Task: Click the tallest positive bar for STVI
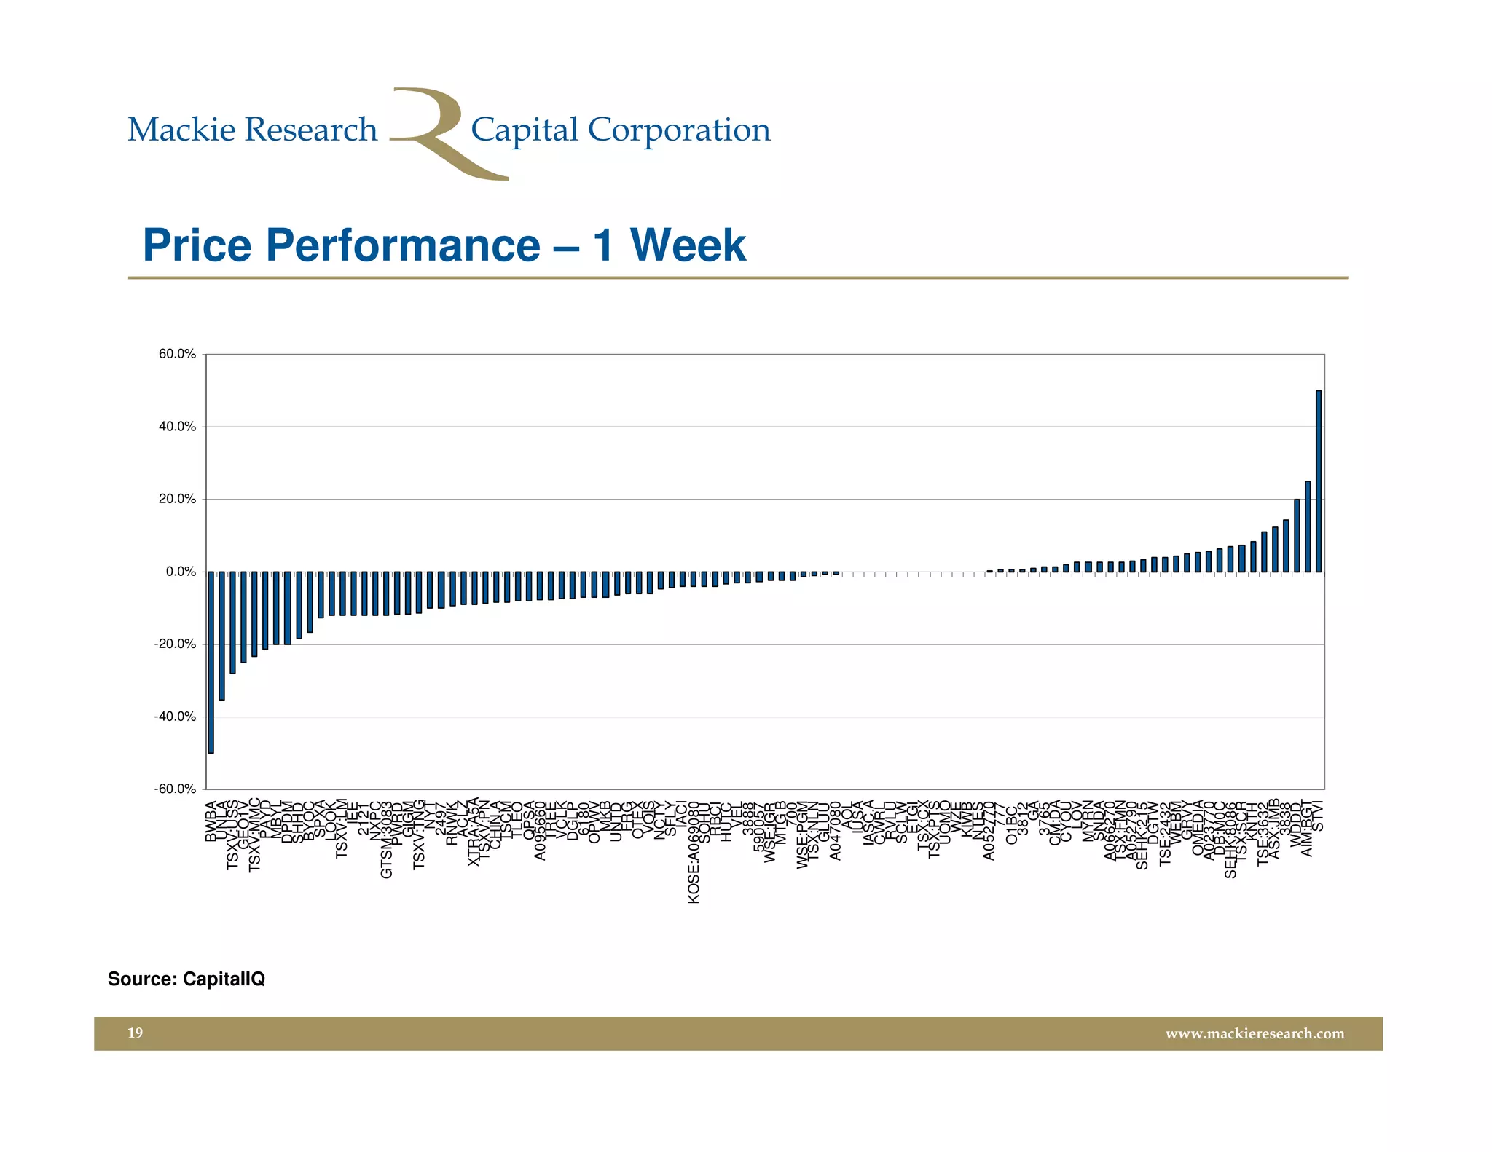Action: point(1319,481)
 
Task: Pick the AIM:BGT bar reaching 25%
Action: point(1308,526)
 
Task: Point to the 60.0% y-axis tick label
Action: point(177,355)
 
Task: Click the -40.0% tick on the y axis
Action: point(175,717)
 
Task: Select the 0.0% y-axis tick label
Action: point(181,572)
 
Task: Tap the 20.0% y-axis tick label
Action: point(177,500)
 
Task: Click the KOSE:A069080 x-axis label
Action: point(694,853)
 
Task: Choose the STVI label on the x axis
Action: point(1319,816)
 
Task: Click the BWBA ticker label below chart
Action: point(211,822)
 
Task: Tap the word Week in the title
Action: point(688,245)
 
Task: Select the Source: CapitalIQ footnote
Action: point(186,979)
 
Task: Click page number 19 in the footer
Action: point(136,1033)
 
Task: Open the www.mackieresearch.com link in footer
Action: point(1255,1033)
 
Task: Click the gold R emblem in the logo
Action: point(437,131)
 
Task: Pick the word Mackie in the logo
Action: point(182,130)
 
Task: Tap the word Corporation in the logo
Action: point(678,130)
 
